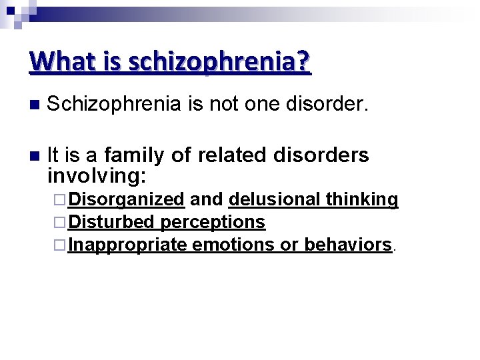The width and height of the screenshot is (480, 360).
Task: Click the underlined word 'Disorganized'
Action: pyautogui.click(x=126, y=199)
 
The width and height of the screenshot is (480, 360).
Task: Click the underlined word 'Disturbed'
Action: pyautogui.click(x=111, y=222)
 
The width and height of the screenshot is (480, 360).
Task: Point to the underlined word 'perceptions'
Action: pyautogui.click(x=213, y=222)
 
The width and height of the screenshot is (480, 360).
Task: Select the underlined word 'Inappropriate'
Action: pyautogui.click(x=127, y=245)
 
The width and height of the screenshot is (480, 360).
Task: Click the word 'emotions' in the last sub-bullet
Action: pyautogui.click(x=233, y=245)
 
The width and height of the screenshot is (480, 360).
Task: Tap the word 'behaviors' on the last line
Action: pyautogui.click(x=347, y=245)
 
